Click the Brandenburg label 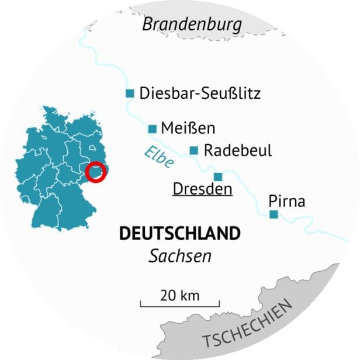click(x=192, y=25)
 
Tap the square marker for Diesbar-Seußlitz click(x=130, y=94)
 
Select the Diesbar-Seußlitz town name click(x=200, y=94)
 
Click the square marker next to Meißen click(x=153, y=129)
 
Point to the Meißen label click(x=188, y=129)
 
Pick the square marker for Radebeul click(x=194, y=151)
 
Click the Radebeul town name click(x=238, y=151)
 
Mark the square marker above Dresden click(x=218, y=176)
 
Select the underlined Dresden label click(x=203, y=189)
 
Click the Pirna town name click(x=286, y=202)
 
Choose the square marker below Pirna click(x=273, y=215)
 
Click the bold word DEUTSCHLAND click(x=179, y=233)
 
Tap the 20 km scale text click(x=179, y=295)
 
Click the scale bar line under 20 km click(x=179, y=305)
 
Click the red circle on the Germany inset click(x=96, y=172)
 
